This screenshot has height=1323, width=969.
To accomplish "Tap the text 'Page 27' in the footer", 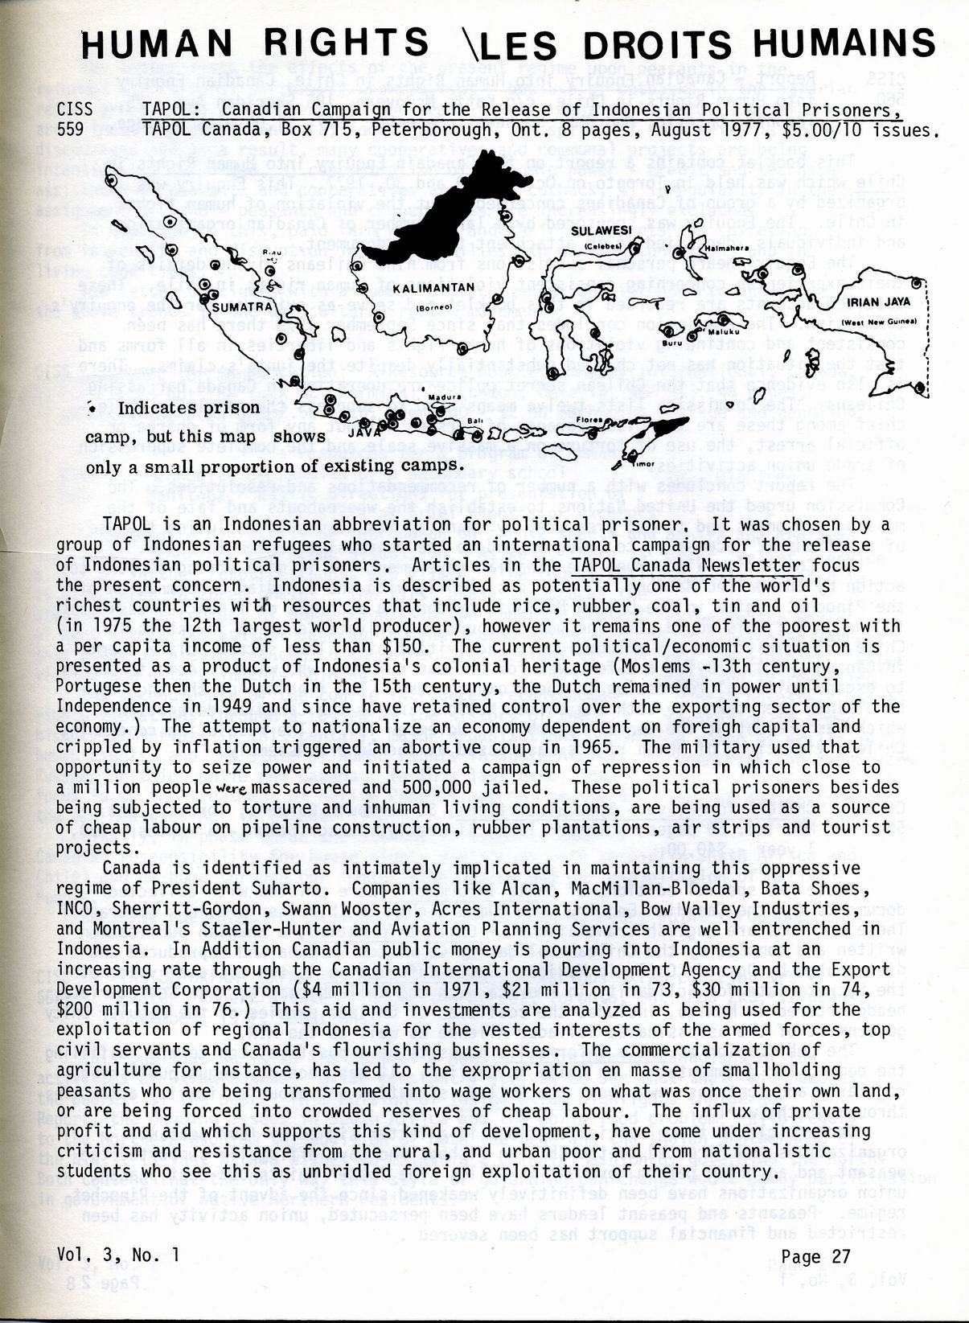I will click(x=815, y=1256).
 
